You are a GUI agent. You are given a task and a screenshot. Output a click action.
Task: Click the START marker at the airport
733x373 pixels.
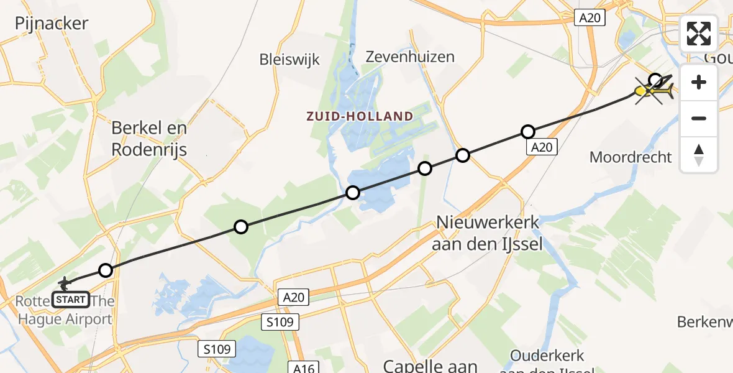point(70,300)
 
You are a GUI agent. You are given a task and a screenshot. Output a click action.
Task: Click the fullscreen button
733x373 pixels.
point(699,34)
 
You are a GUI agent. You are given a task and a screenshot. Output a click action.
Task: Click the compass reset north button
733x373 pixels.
point(699,155)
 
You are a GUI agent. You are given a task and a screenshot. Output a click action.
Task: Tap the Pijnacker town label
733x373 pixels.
point(52,24)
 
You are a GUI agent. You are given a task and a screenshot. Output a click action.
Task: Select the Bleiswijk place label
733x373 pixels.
point(289,60)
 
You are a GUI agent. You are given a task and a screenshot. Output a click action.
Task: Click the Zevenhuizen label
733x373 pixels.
point(419,57)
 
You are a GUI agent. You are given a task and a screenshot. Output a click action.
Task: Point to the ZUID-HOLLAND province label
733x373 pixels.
point(359,116)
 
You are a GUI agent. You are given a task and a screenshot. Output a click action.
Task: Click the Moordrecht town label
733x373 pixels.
point(631,157)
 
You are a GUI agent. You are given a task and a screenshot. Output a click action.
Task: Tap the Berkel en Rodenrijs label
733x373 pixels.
point(149,138)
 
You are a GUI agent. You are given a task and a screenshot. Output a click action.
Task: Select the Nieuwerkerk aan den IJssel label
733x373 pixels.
point(488,233)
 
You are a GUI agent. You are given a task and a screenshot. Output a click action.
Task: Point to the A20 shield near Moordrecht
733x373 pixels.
point(542,147)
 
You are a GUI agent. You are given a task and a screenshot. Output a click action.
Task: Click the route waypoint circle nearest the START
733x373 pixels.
point(106,270)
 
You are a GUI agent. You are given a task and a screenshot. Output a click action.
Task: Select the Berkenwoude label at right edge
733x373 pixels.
point(704,322)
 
